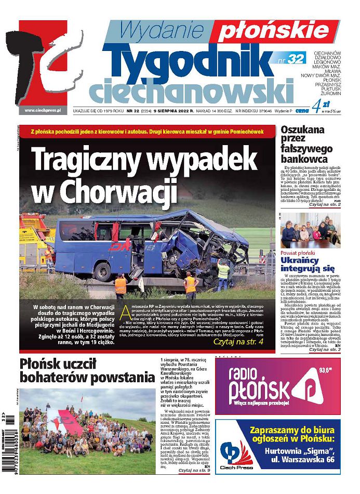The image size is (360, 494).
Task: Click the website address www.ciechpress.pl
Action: [43, 110]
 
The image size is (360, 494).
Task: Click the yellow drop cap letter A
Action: [126, 313]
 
